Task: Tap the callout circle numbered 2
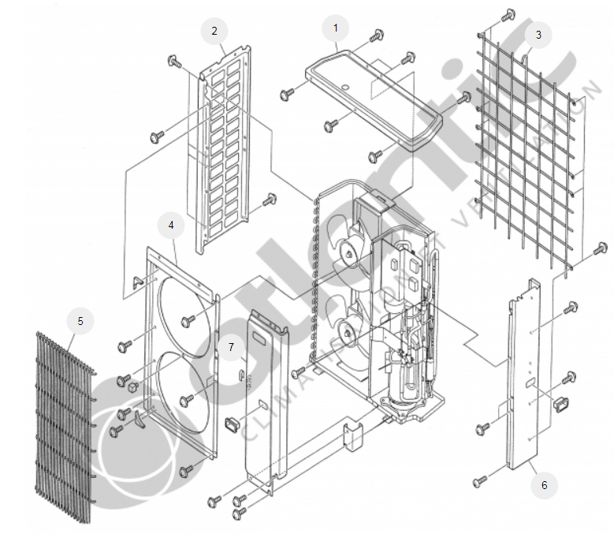(214, 32)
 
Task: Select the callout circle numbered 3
(538, 35)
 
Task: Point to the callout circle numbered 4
(170, 225)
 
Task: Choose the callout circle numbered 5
(80, 321)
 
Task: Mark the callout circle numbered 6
(543, 484)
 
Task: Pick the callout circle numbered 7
(231, 346)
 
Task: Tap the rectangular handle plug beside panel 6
(562, 404)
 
